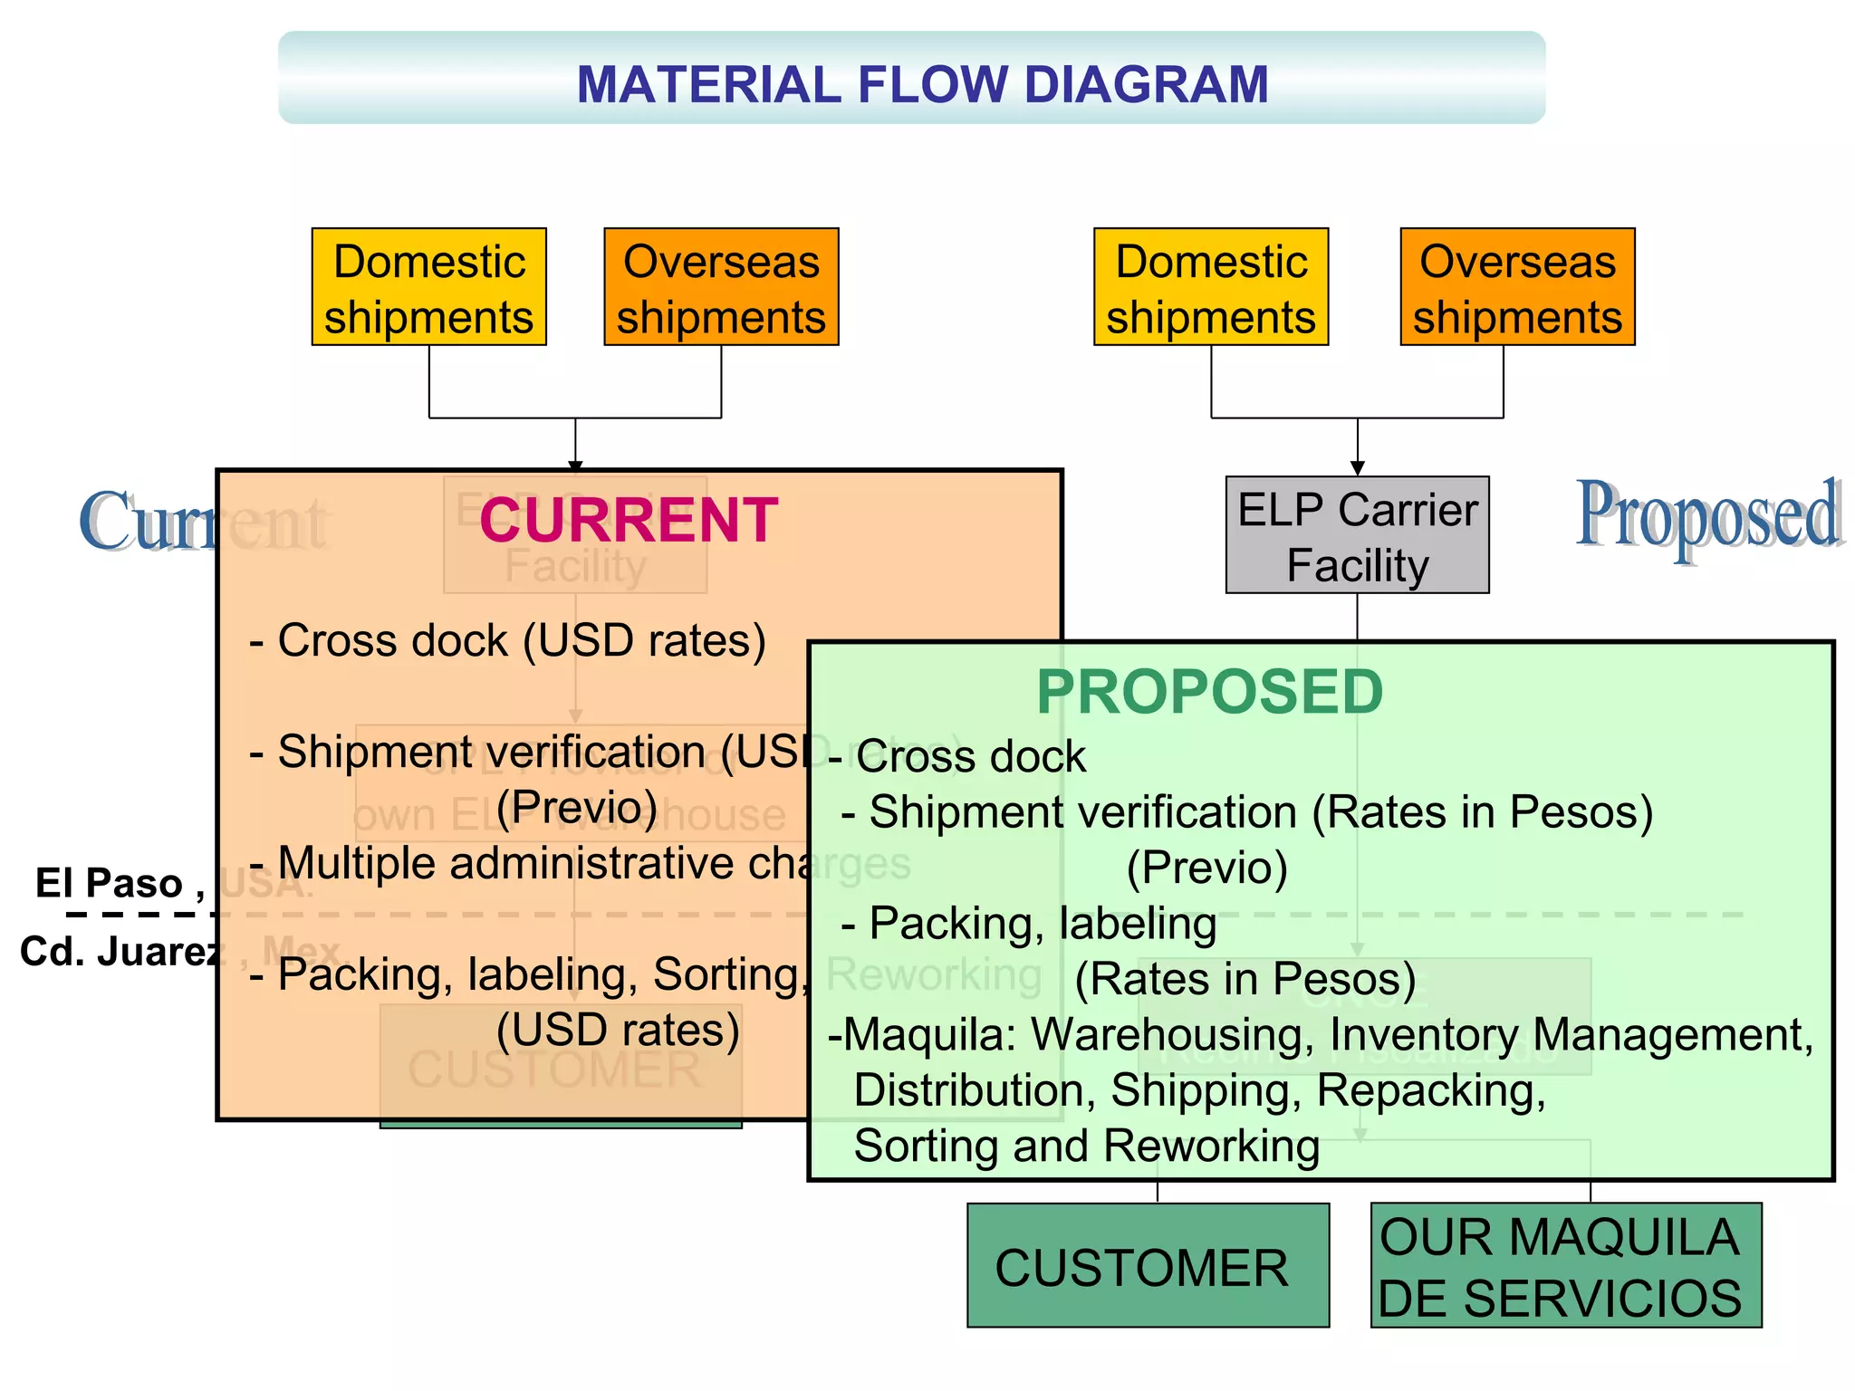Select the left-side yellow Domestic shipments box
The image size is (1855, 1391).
(428, 287)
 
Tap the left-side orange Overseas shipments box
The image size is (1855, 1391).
(721, 287)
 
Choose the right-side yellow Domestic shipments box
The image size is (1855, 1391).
(1210, 287)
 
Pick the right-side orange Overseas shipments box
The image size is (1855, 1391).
(1517, 287)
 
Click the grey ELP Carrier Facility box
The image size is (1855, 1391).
(1357, 536)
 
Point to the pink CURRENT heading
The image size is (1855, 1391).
(629, 521)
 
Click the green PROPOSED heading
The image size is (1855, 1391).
(1209, 692)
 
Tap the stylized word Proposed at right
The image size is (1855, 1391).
(1708, 516)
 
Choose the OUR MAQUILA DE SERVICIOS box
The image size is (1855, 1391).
(1565, 1266)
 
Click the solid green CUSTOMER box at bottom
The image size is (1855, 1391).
(1147, 1266)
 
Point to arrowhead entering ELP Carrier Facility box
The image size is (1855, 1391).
(1357, 467)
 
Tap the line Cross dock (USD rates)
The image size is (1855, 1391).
(521, 640)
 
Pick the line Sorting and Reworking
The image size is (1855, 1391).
(1087, 1146)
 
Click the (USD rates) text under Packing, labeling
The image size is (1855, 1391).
(618, 1030)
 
